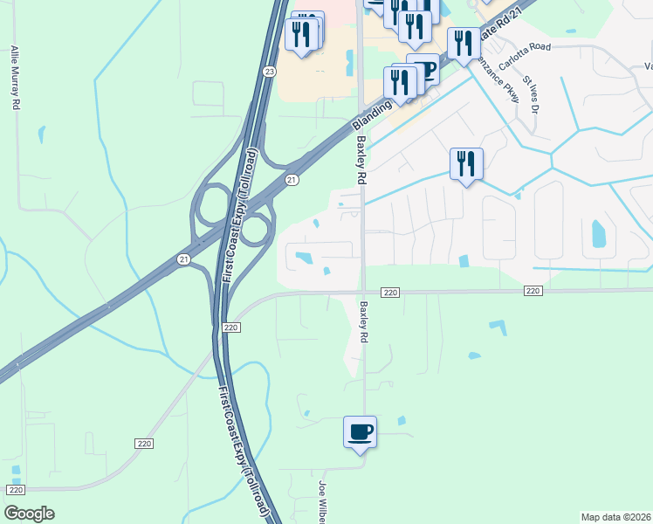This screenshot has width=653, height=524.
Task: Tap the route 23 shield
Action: (270, 72)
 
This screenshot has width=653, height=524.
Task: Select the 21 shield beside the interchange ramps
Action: (292, 179)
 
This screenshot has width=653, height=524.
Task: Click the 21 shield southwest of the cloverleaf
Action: (183, 259)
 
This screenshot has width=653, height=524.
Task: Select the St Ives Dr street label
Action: (532, 95)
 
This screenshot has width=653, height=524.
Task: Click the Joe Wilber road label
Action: (322, 501)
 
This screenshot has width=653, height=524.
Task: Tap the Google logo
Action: (30, 514)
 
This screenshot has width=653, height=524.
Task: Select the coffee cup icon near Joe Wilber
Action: (360, 431)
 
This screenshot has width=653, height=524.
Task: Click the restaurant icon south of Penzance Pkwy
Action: (466, 163)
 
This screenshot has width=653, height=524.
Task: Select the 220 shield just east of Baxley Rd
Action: (390, 292)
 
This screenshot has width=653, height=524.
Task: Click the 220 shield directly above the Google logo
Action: (17, 491)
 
